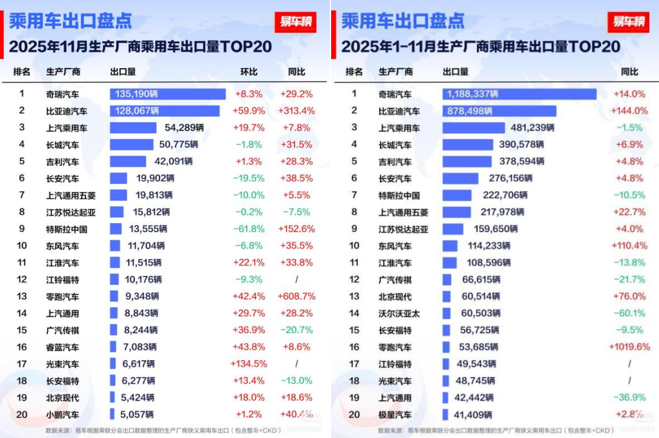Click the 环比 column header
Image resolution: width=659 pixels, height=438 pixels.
tap(249, 72)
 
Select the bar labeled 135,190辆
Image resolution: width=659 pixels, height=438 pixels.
tap(167, 94)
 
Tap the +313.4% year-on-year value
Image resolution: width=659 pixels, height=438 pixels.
tap(297, 111)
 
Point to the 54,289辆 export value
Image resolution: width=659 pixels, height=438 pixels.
tap(184, 127)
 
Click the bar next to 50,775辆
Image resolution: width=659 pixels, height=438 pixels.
tap(132, 145)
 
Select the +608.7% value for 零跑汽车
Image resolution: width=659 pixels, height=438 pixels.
tap(297, 297)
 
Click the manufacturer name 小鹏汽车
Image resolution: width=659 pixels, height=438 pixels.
tap(62, 415)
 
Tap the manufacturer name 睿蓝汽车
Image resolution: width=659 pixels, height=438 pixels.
tap(62, 347)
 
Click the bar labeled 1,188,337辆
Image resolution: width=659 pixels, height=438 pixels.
tap(519, 94)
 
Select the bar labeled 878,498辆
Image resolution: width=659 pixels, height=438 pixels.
tap(499, 111)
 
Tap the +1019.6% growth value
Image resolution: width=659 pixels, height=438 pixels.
tap(629, 347)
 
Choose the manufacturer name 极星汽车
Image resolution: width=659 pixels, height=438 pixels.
tap(395, 415)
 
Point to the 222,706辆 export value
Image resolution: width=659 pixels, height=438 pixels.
tap(500, 195)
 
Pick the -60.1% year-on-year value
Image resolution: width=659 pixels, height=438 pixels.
tap(629, 313)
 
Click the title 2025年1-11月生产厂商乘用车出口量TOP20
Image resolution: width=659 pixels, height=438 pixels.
tap(480, 47)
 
